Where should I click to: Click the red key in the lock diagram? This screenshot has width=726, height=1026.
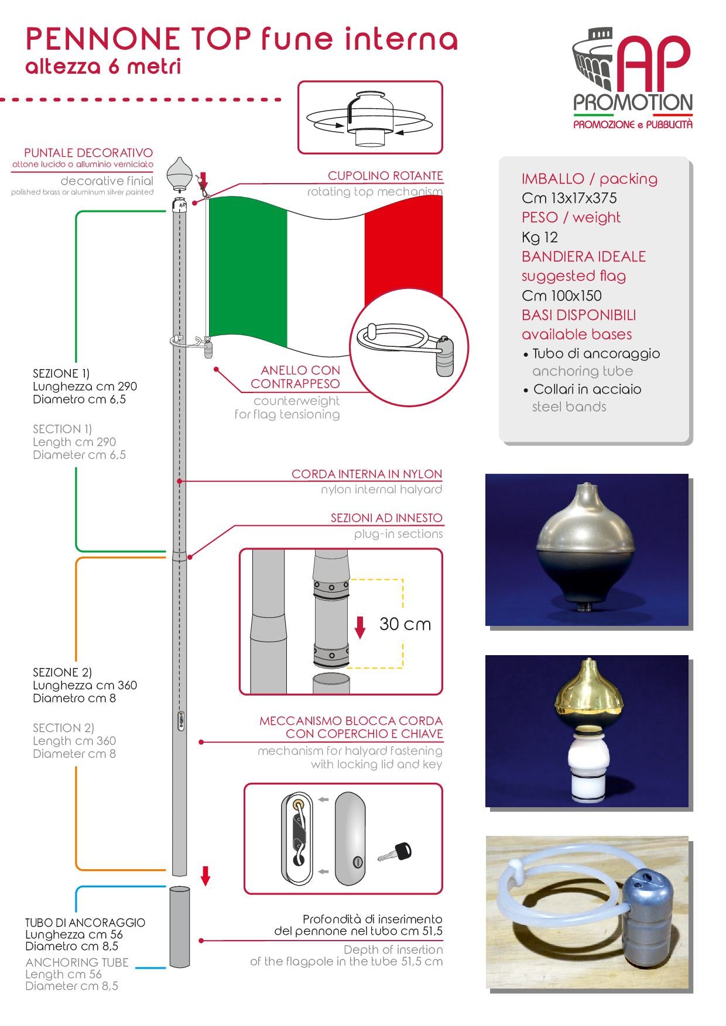click(395, 852)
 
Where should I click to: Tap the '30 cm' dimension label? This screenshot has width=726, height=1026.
click(405, 624)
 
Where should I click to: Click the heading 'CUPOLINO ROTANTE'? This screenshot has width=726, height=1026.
click(385, 175)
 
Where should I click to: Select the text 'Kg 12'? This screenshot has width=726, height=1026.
click(539, 237)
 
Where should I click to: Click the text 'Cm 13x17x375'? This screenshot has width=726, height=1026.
click(569, 198)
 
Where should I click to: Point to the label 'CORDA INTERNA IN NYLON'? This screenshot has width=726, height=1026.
click(367, 474)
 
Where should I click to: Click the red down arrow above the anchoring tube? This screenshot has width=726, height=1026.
click(206, 876)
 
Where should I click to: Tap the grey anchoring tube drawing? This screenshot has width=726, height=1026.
click(180, 927)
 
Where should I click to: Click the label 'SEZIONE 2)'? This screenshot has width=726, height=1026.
click(62, 672)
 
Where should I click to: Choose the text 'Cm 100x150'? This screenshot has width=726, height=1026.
click(561, 295)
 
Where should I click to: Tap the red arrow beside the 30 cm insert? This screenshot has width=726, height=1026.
click(361, 627)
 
